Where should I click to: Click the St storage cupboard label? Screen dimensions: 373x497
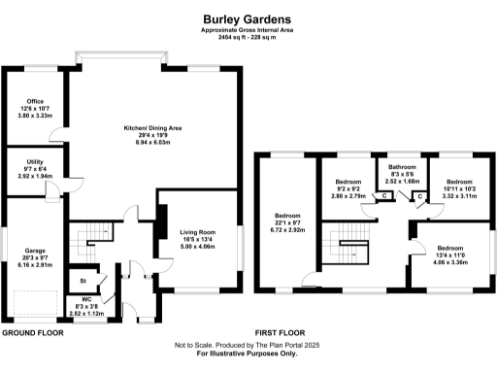click(x=83, y=282)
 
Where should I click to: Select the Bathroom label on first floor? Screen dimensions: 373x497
click(x=402, y=166)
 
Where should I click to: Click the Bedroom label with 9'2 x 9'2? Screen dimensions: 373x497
click(x=348, y=182)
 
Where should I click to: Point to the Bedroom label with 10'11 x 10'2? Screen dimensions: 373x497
click(x=457, y=182)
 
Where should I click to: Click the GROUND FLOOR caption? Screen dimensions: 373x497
click(x=32, y=332)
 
